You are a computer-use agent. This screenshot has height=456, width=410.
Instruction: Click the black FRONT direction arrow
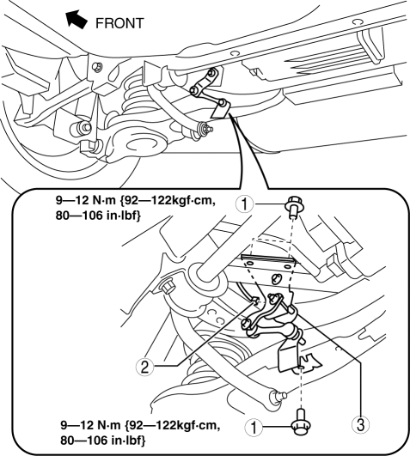[x=76, y=19]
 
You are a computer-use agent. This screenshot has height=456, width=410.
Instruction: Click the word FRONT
[x=119, y=23]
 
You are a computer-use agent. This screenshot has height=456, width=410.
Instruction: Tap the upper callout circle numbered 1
[x=245, y=204]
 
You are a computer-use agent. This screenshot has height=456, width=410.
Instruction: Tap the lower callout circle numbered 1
[x=254, y=428]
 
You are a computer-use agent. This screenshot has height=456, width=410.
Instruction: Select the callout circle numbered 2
[x=144, y=367]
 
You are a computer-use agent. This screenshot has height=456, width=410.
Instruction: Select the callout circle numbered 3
[x=360, y=425]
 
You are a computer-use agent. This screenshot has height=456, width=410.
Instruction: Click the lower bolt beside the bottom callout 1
[x=301, y=422]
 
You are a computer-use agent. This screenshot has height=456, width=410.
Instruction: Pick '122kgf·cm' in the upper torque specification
[x=182, y=201]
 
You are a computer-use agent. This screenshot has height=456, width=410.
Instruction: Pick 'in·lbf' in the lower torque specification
[x=128, y=441]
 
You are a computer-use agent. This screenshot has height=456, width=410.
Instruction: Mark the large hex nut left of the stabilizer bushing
[x=168, y=286]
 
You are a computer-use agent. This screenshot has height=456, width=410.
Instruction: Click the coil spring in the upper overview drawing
[x=134, y=92]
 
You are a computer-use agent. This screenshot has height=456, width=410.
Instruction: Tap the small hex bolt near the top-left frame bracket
[x=97, y=67]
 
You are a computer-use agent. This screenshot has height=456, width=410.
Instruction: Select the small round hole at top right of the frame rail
[x=358, y=22]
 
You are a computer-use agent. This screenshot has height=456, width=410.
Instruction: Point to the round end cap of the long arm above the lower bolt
[x=277, y=397]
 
